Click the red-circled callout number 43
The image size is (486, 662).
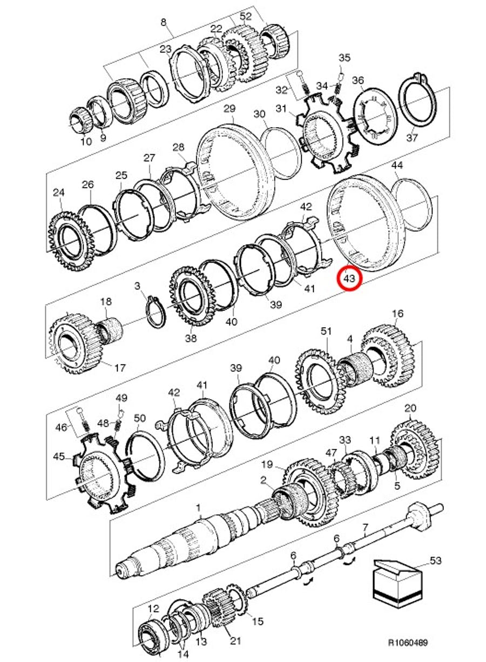tap(350, 278)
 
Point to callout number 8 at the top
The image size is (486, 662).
tap(164, 23)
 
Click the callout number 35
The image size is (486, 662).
tap(345, 57)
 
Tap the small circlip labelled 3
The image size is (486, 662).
tap(156, 312)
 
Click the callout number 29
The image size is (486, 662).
tap(230, 109)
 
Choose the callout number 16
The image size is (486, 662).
tap(397, 314)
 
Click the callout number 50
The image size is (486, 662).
tap(139, 419)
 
